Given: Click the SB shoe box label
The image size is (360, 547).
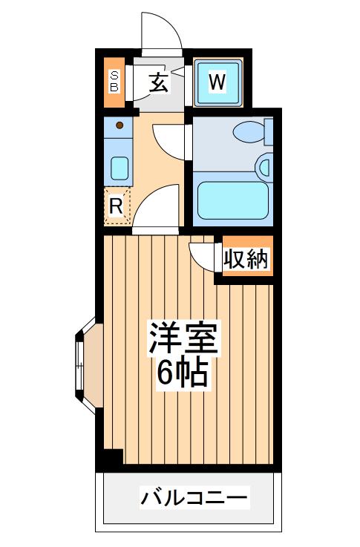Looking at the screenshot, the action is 114,82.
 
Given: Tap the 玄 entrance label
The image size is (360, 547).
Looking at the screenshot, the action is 159,82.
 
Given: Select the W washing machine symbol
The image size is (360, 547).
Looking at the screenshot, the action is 217,82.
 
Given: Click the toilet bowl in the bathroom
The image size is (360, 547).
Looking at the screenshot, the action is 249,132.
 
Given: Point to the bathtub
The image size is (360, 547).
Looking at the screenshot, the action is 232,200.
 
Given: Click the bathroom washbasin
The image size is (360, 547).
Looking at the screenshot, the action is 264,166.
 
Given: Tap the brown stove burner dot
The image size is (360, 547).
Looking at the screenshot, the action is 120,125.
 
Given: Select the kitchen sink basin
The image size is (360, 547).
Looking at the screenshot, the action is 120,168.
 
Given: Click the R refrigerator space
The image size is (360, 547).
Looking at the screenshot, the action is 117,206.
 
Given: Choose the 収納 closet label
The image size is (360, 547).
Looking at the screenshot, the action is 246,259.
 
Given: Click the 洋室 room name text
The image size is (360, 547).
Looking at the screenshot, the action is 183,338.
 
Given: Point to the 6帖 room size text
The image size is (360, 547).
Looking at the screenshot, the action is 182,372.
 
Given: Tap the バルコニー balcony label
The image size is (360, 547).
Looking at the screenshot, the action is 194,497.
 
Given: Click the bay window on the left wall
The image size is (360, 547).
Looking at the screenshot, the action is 85,366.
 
